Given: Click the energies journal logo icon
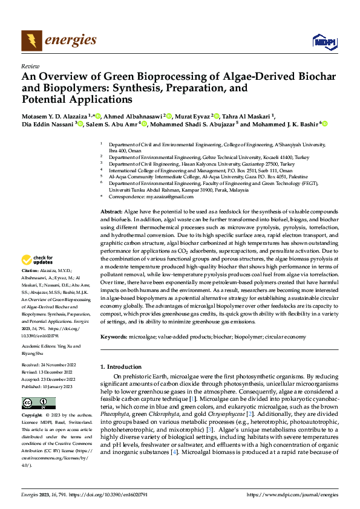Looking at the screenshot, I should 31,40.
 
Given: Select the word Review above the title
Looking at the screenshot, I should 30,66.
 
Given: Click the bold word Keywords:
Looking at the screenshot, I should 113,336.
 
